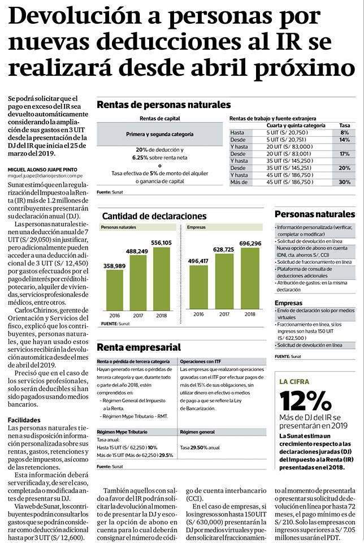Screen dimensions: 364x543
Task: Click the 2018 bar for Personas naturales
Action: pyautogui.click(x=161, y=279)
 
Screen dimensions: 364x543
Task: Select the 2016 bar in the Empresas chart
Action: pyautogui.click(x=198, y=287)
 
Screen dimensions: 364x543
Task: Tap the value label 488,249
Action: pyautogui.click(x=137, y=251)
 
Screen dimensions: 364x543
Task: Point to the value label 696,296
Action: pyautogui.click(x=250, y=243)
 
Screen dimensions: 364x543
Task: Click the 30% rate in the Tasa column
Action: pyautogui.click(x=344, y=182)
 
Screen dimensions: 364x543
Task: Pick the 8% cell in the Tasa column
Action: pyautogui.click(x=345, y=132)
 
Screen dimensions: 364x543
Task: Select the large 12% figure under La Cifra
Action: pyautogui.click(x=305, y=401)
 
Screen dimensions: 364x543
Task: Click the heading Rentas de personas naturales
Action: pyautogui.click(x=164, y=105)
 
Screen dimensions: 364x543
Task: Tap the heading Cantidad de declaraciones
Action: pyautogui.click(x=154, y=216)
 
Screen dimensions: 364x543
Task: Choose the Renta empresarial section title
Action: pyautogui.click(x=138, y=347)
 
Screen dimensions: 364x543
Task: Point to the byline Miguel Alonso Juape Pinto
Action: pyautogui.click(x=42, y=170)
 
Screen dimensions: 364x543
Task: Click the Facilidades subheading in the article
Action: pyautogui.click(x=24, y=420)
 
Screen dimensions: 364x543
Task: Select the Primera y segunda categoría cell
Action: pyautogui.click(x=159, y=134)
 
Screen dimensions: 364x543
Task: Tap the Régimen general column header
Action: pyautogui.click(x=197, y=432)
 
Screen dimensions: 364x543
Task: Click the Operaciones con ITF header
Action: pyautogui.click(x=200, y=361)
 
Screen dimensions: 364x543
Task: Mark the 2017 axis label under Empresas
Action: pyautogui.click(x=224, y=314)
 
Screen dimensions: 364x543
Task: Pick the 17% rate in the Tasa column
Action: pyautogui.click(x=345, y=153)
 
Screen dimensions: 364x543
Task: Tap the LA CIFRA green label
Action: pyautogui.click(x=294, y=382)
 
